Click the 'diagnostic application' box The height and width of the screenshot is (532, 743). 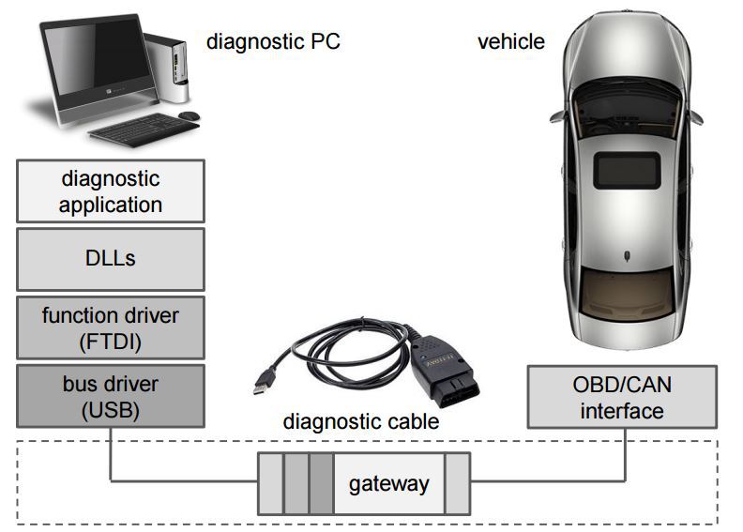click(x=111, y=191)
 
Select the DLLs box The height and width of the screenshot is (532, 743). click(x=111, y=258)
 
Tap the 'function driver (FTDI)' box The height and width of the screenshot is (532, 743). click(x=111, y=328)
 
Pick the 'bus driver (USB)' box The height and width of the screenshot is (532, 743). click(x=111, y=397)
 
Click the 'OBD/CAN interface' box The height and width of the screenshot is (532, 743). click(x=622, y=398)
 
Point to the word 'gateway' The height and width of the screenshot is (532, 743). click(x=388, y=484)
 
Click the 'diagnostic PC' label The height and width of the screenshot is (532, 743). click(x=273, y=41)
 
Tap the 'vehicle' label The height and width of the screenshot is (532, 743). click(x=510, y=41)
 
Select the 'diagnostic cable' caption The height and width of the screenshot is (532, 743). click(x=361, y=421)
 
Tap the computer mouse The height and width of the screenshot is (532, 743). click(x=190, y=115)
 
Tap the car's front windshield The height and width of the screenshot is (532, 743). click(x=625, y=99)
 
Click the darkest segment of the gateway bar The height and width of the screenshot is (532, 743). click(x=321, y=484)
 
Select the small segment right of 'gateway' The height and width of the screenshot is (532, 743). click(x=457, y=484)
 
